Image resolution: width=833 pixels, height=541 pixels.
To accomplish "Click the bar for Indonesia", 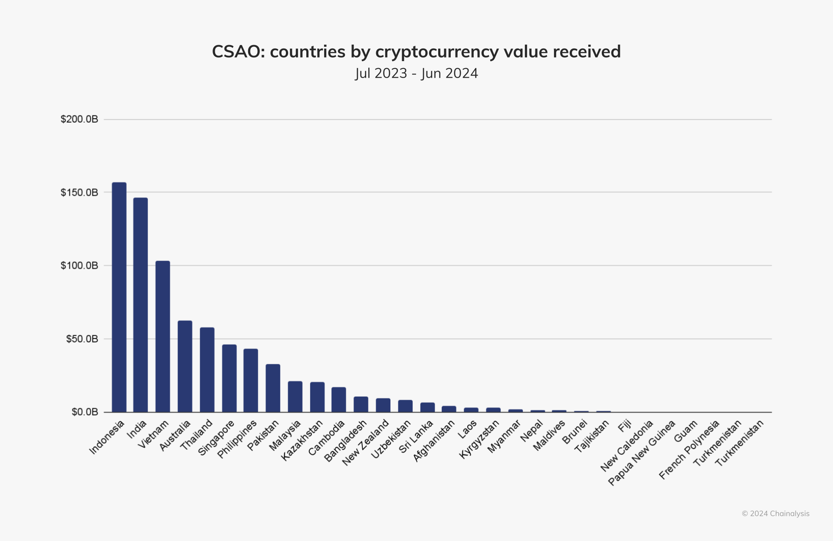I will pyautogui.click(x=119, y=297).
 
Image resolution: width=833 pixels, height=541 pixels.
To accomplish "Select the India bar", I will pyautogui.click(x=141, y=305).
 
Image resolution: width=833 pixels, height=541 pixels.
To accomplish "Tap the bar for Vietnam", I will pyautogui.click(x=163, y=336).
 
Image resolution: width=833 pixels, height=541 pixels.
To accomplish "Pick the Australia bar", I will pyautogui.click(x=185, y=366).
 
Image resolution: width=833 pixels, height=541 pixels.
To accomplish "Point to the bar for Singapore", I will pyautogui.click(x=230, y=378).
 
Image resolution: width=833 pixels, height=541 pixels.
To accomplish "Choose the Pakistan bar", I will pyautogui.click(x=273, y=388).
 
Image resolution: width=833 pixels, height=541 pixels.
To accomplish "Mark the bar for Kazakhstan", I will pyautogui.click(x=317, y=397).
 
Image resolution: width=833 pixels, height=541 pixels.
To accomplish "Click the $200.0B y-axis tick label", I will pyautogui.click(x=79, y=119).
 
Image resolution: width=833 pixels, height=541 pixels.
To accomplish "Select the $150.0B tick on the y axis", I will pyautogui.click(x=79, y=192).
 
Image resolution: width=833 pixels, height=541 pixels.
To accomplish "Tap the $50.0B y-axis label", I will pyautogui.click(x=82, y=339).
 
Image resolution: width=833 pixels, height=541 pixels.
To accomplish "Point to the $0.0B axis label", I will pyautogui.click(x=85, y=412).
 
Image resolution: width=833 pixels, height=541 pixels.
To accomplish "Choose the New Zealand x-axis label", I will pyautogui.click(x=366, y=443).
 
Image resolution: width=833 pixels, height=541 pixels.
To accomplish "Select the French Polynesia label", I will pyautogui.click(x=689, y=450).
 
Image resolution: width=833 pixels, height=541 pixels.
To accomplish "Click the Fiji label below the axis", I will pyautogui.click(x=625, y=427).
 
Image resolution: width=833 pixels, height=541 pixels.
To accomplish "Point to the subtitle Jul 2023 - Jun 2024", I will pyautogui.click(x=416, y=73).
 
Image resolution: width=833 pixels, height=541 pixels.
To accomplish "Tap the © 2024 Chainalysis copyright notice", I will pyautogui.click(x=775, y=514).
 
